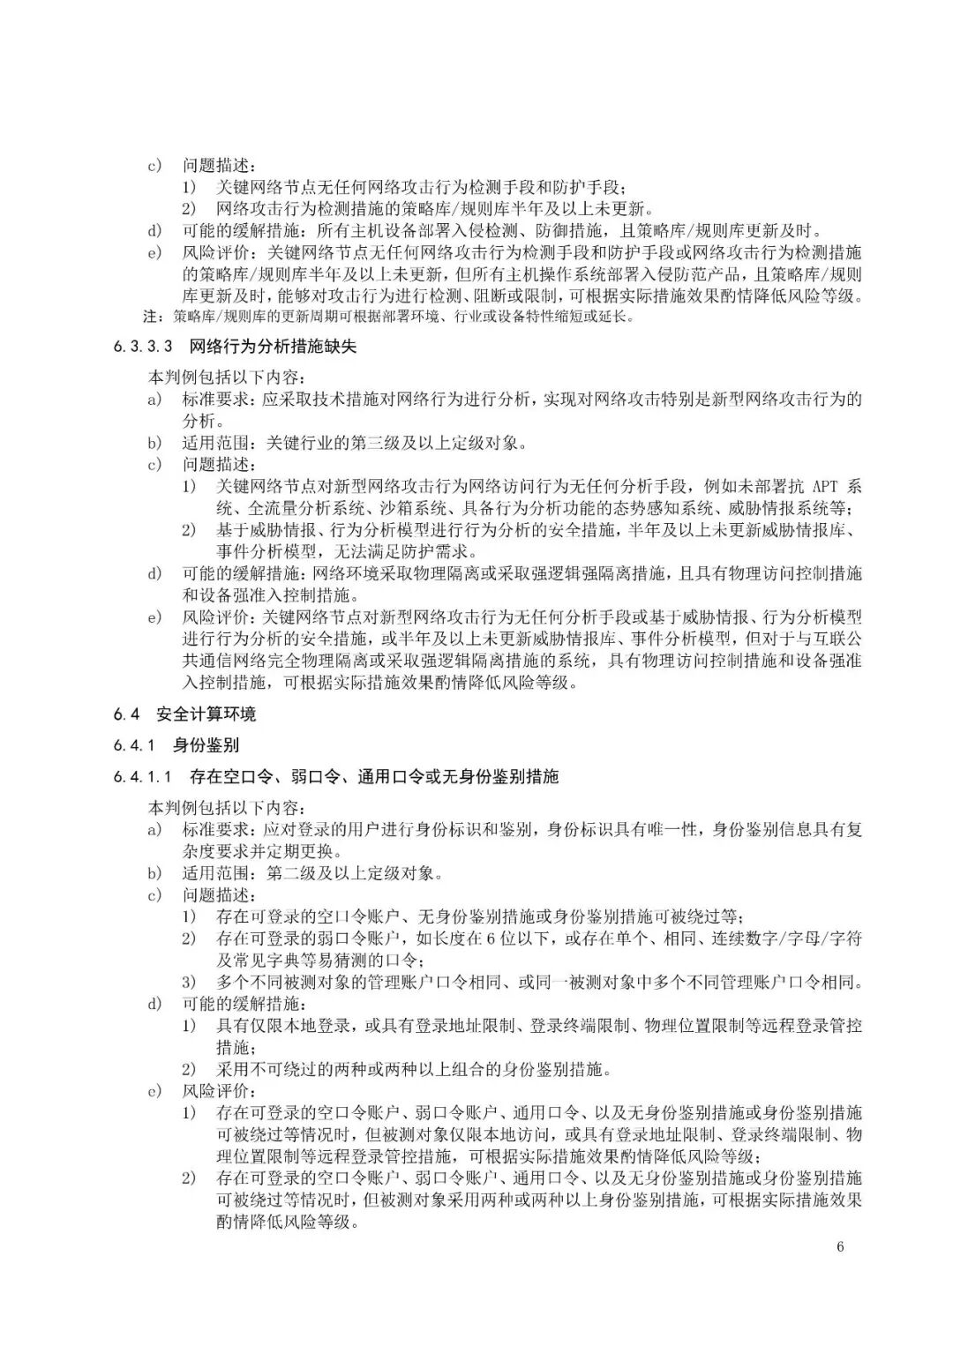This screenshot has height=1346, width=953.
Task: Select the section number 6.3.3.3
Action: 145,347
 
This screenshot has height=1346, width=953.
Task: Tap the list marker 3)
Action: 190,981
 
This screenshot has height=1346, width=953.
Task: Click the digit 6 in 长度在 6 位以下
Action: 490,938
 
